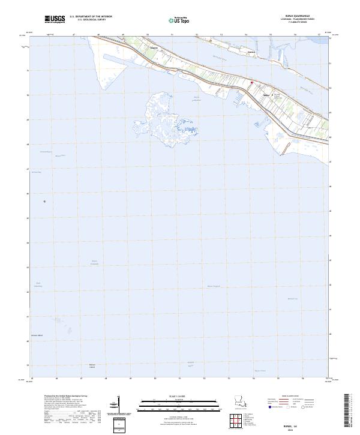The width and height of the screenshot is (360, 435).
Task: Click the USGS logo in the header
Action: coord(55,19)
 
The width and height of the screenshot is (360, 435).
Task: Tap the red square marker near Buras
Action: coord(252,82)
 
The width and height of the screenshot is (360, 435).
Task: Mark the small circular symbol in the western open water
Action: coord(44,202)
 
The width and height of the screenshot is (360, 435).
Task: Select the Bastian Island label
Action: coord(92,365)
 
